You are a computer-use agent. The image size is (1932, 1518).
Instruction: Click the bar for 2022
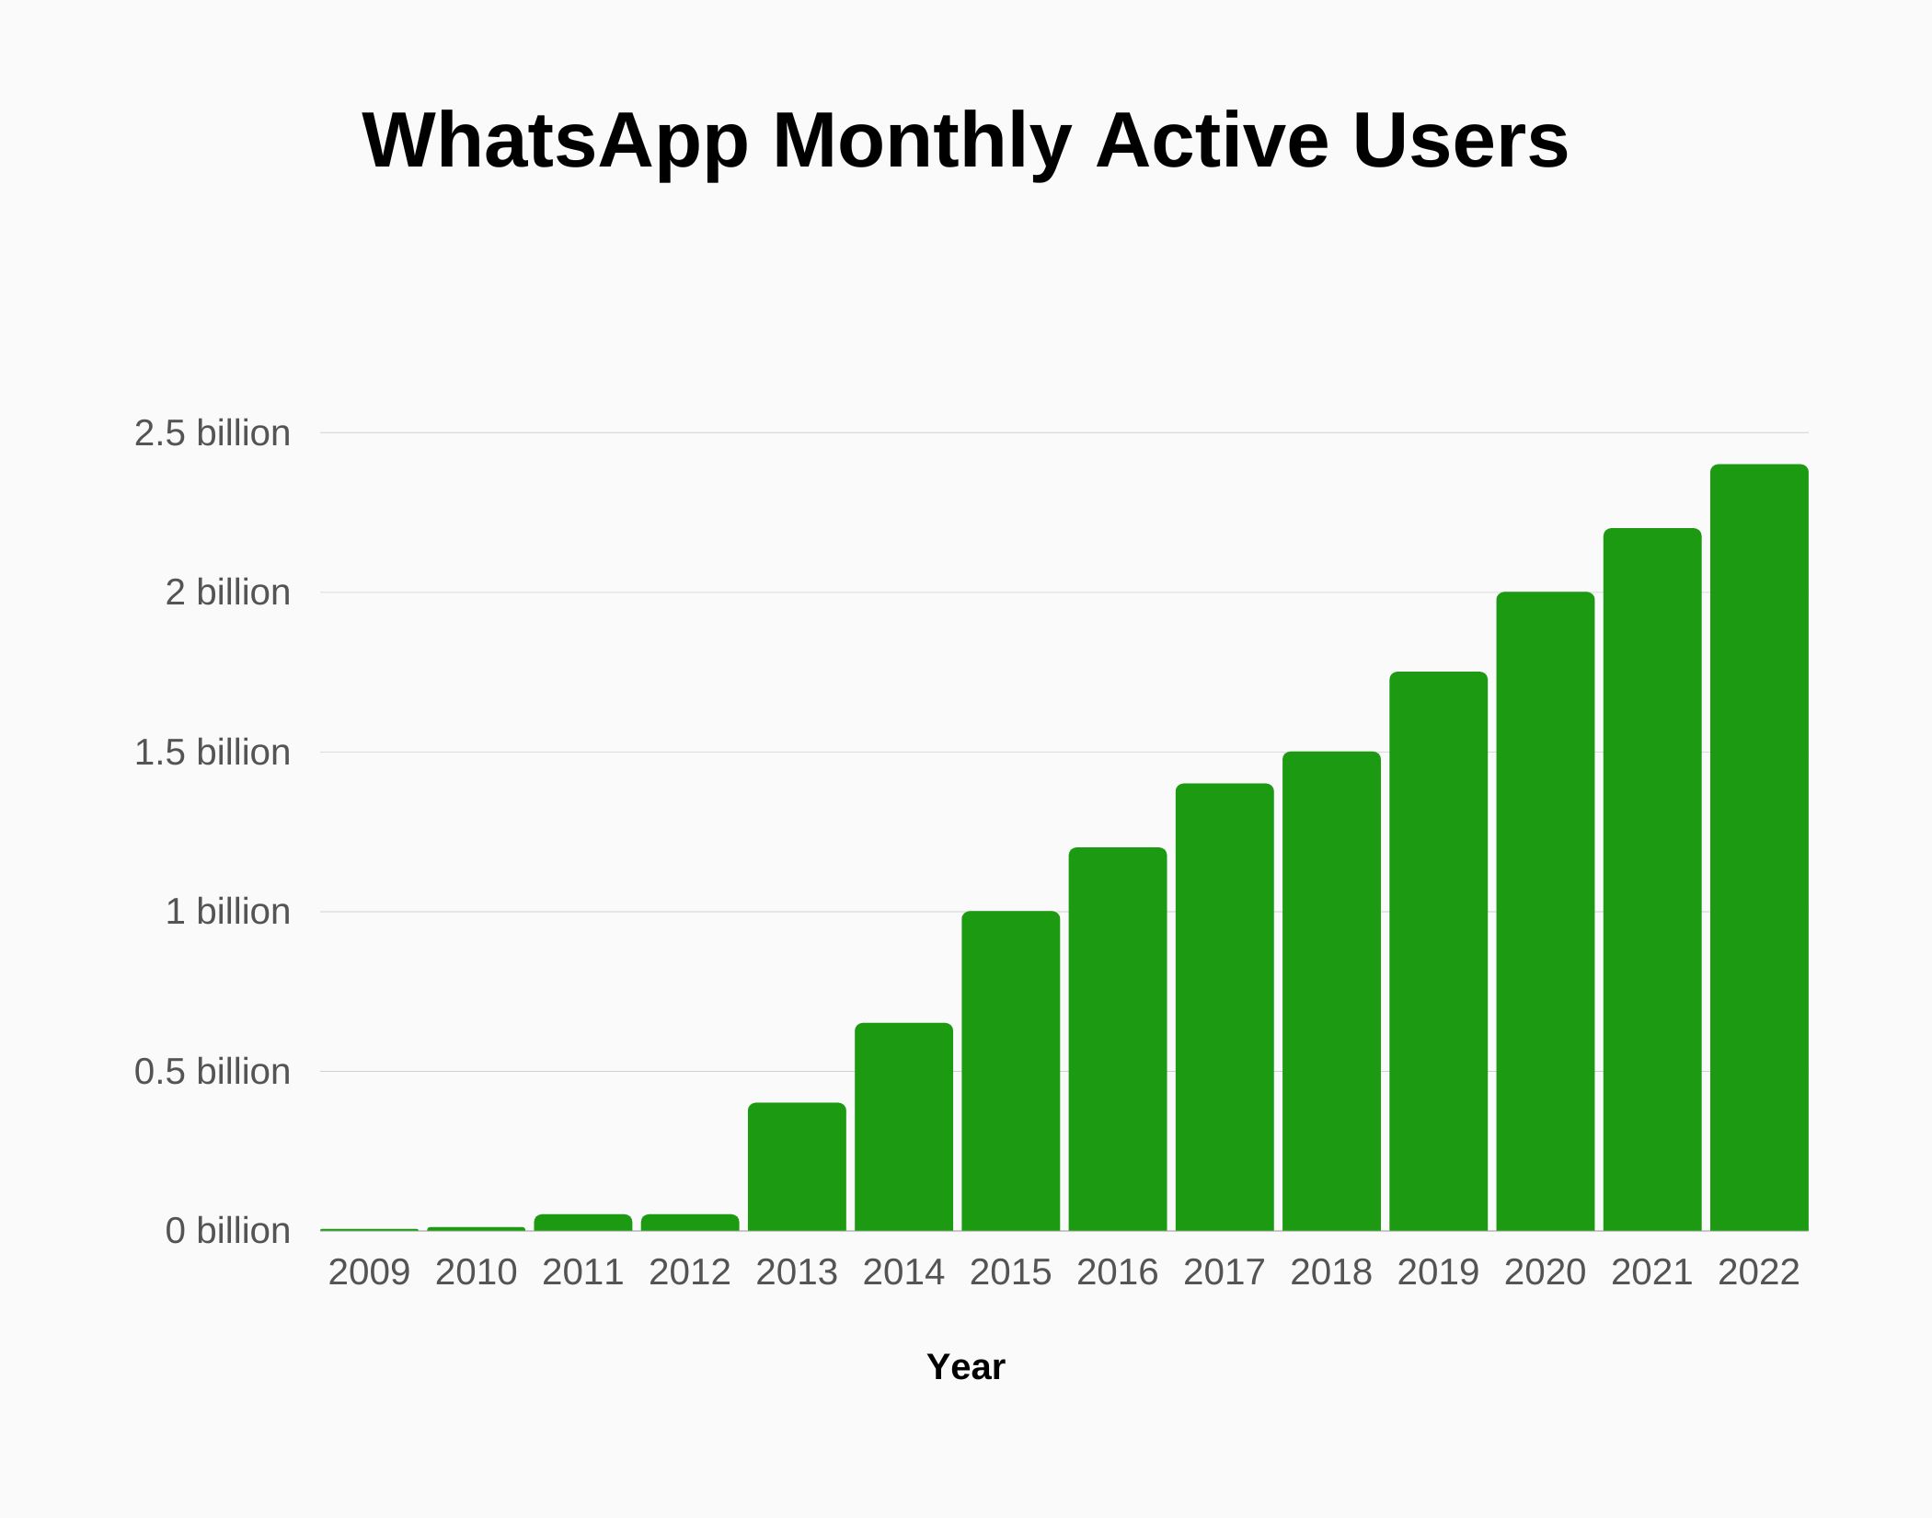1759,846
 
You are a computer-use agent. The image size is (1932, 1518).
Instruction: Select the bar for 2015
1010,1071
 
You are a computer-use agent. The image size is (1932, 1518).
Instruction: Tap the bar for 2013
797,1167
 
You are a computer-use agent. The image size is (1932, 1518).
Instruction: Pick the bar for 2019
1438,951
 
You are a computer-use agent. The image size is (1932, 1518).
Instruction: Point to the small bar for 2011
583,1223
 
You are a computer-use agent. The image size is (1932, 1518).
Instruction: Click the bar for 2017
1225,1006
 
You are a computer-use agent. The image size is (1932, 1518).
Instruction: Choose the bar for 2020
1545,911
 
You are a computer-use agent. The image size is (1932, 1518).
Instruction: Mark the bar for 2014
903,1126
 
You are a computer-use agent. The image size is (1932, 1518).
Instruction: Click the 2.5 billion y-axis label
212,433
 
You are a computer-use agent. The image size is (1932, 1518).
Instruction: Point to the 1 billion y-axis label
227,912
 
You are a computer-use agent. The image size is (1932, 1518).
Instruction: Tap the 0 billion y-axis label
227,1231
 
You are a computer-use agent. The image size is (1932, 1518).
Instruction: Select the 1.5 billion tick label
212,753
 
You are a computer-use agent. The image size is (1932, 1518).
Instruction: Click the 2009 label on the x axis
369,1272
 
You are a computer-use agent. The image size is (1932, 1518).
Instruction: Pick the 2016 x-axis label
1117,1272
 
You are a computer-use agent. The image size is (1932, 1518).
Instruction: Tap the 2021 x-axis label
1651,1272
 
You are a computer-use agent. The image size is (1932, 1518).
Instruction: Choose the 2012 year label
690,1272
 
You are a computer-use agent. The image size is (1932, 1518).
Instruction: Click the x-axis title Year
965,1367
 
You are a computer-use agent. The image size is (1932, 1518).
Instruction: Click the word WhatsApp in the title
555,143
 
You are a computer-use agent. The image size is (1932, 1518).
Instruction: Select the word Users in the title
1460,143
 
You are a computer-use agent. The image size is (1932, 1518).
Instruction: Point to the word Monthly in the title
922,143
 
